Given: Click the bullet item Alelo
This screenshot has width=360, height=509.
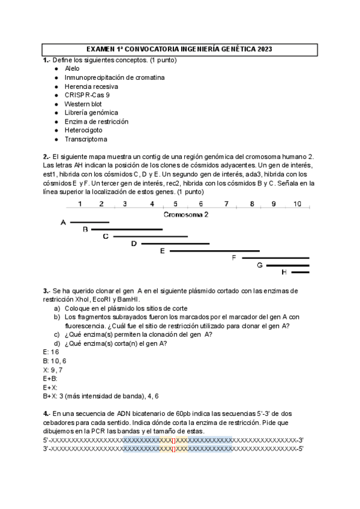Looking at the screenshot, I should coord(72,68).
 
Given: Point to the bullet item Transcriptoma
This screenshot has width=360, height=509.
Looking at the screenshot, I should coord(86,139).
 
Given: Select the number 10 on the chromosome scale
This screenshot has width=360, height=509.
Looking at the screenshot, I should coord(297,204).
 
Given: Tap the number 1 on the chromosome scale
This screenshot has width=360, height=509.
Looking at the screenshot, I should coord(80,204).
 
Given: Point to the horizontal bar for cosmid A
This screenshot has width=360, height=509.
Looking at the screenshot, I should coord(89,223).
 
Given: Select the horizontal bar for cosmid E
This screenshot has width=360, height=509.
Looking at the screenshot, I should coord(214,251).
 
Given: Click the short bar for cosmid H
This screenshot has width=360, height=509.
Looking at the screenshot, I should coord(300,272).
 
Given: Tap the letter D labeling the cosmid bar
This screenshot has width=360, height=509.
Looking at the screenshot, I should coord(134,244).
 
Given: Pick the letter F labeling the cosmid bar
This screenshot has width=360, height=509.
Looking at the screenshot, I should coord(234,258).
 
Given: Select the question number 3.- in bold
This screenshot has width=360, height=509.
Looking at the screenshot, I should coord(47,291).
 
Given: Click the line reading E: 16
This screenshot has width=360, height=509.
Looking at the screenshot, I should coord(51,352).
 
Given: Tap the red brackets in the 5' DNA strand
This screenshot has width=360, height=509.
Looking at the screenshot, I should coord(174,440).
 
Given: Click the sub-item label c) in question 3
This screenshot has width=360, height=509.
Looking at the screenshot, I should coord(57,334).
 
